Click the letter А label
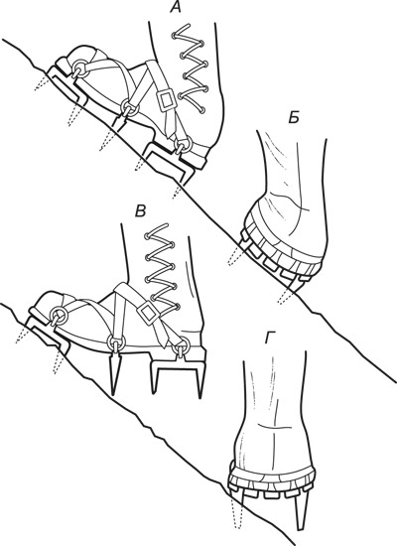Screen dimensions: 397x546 pyautogui.click(x=177, y=7)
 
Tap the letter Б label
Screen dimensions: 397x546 pyautogui.click(x=294, y=118)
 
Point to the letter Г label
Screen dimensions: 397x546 pyautogui.click(x=270, y=338)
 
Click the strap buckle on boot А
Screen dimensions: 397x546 pyautogui.click(x=166, y=100)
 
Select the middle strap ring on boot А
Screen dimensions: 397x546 pyautogui.click(x=130, y=108)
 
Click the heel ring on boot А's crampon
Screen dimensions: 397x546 pyautogui.click(x=184, y=145)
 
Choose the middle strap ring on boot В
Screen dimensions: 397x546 pyautogui.click(x=115, y=342)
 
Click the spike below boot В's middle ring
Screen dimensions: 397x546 pyautogui.click(x=114, y=375)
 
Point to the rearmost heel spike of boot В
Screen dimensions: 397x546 pyautogui.click(x=200, y=379)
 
